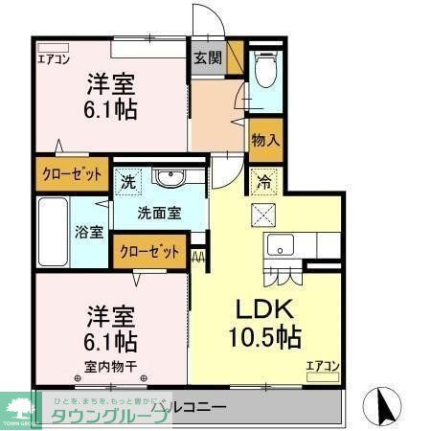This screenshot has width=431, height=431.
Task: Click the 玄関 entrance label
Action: (207, 57)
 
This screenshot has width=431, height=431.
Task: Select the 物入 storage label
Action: (265, 140)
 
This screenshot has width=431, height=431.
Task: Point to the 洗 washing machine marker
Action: (127, 179)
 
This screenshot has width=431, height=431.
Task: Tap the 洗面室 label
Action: (159, 214)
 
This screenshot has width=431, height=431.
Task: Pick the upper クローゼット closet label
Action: (73, 173)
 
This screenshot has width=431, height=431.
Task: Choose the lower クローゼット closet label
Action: (149, 252)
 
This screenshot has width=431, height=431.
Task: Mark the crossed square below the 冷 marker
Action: (263, 213)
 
